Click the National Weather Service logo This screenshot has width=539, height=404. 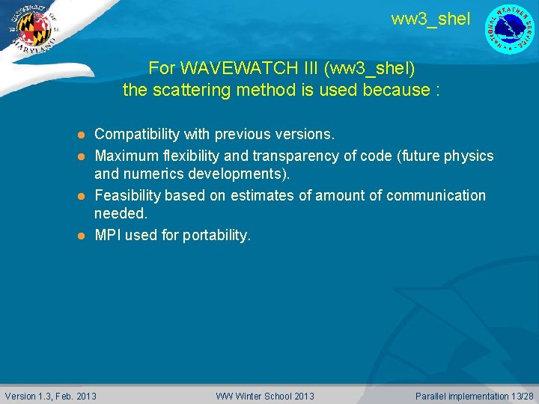pyautogui.click(x=510, y=29)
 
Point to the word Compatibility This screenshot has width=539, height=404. pyautogui.click(x=137, y=135)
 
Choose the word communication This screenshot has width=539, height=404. pyautogui.click(x=435, y=195)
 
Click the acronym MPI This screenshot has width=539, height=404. pyautogui.click(x=108, y=235)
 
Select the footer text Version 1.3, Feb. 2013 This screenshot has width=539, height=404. pyautogui.click(x=51, y=396)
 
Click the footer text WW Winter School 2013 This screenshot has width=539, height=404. pyautogui.click(x=265, y=396)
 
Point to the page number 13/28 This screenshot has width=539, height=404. pyautogui.click(x=521, y=396)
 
